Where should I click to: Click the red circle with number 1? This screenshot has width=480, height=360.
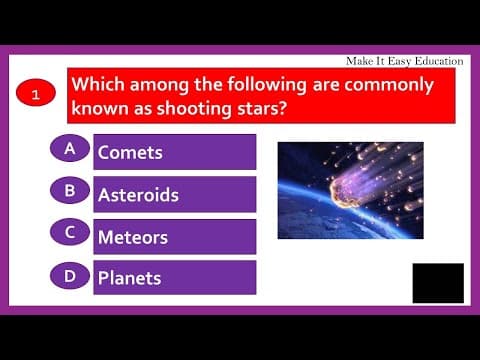[x=36, y=96]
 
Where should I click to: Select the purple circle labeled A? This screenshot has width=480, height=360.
[x=69, y=149]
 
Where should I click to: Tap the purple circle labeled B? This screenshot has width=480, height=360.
[x=69, y=191]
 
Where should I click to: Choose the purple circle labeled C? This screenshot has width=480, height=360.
[x=69, y=233]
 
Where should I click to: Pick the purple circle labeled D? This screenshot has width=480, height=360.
[x=69, y=275]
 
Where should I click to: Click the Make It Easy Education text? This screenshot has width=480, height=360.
[x=404, y=60]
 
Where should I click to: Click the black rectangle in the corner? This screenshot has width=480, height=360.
[x=438, y=283]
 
